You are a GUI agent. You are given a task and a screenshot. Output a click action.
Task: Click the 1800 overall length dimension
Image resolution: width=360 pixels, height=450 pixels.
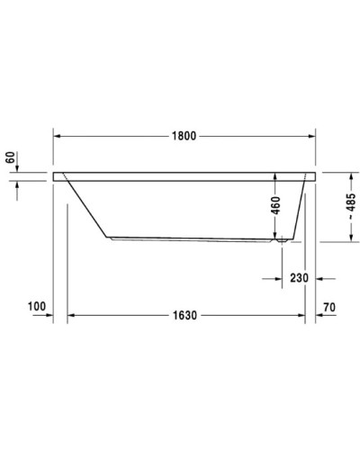pos(184,136)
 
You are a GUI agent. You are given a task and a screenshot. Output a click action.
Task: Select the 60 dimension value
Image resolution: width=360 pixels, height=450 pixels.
pos(10,158)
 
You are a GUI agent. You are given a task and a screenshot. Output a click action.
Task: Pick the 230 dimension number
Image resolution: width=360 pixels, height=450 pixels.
pos(299,278)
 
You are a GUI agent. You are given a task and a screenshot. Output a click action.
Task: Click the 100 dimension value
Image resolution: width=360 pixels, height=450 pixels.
pos(36,307)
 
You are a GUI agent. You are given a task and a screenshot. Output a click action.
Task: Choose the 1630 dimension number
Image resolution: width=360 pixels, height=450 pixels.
pos(185,316)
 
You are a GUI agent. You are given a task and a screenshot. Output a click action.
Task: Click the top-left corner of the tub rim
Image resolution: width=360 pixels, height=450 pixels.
pos(55,171)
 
